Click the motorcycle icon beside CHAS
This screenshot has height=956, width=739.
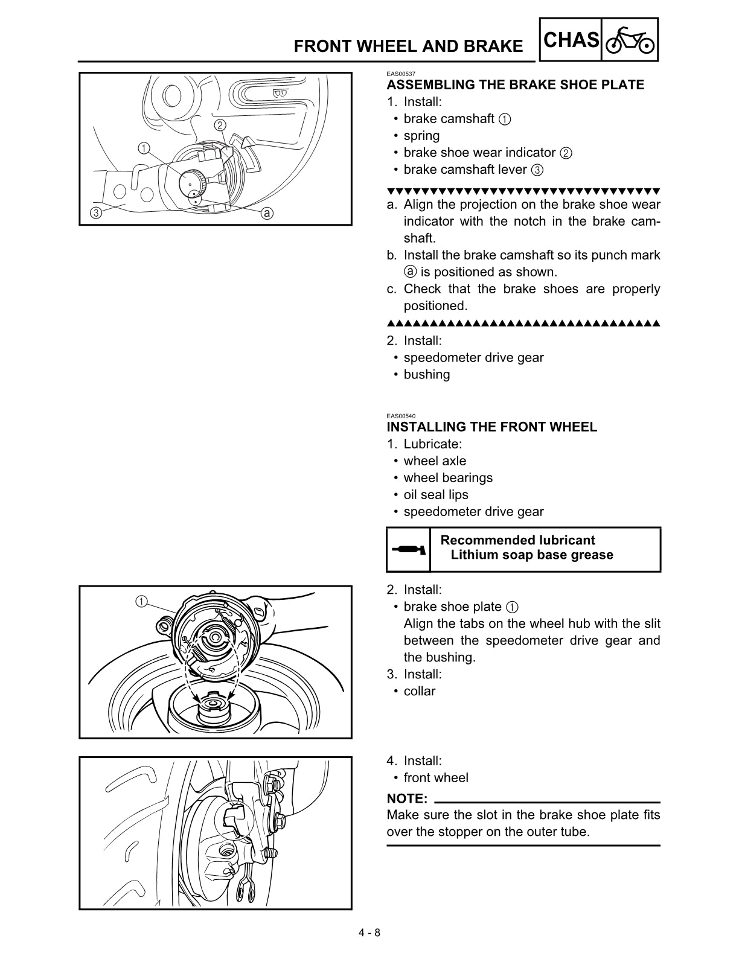coord(630,40)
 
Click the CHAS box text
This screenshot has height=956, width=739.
coord(571,40)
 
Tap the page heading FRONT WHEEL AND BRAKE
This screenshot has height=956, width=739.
coord(409,46)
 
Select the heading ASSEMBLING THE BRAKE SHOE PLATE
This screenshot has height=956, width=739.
coord(515,85)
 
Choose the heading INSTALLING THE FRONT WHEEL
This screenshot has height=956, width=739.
coord(491,427)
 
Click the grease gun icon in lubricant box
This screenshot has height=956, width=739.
coord(409,550)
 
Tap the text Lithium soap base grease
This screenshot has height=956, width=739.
coord(531,555)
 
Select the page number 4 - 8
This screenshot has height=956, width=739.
coord(369,932)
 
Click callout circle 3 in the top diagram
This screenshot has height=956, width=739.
coord(95,212)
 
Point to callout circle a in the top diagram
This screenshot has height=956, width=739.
coord(267,213)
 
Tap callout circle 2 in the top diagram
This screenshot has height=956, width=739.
coord(220,126)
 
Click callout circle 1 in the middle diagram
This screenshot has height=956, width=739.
coord(140,601)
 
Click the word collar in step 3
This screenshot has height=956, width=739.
coord(419,692)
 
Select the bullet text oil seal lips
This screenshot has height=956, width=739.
coord(435,495)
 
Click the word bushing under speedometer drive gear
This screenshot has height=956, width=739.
coord(426,375)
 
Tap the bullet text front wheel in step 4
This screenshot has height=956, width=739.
coord(435,778)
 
